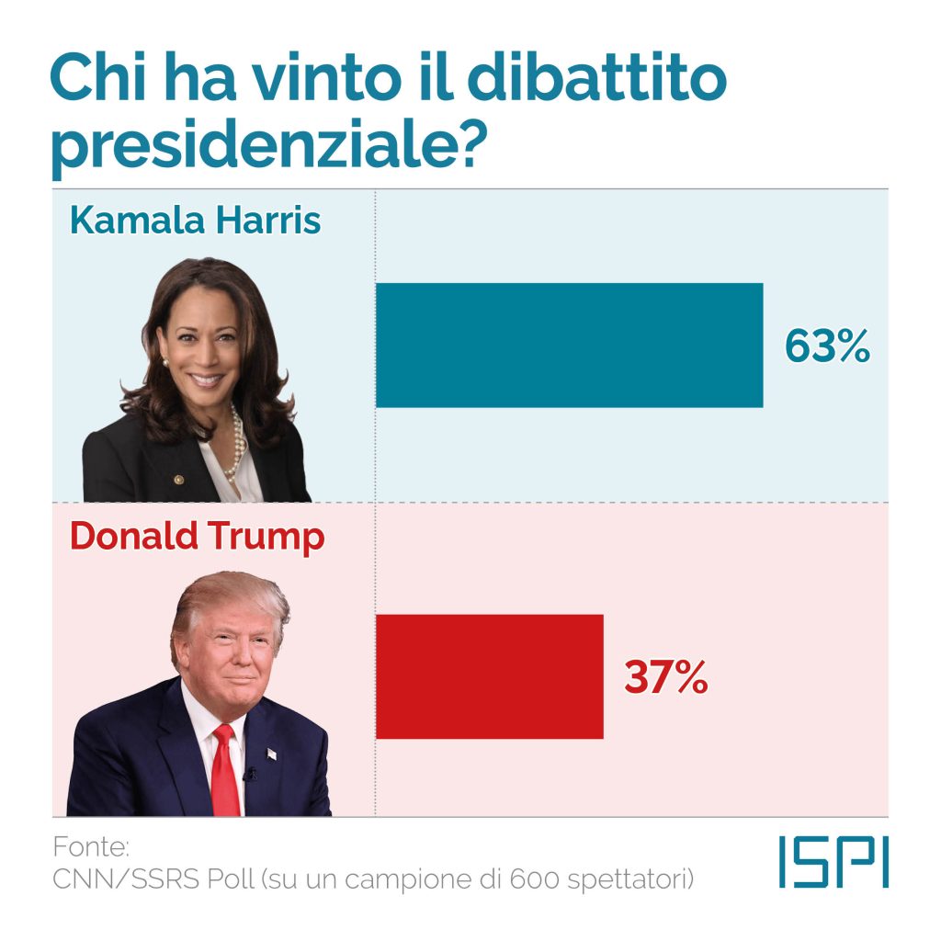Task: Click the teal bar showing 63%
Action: tap(569, 345)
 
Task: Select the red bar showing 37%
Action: tap(489, 676)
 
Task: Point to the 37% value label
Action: tap(666, 677)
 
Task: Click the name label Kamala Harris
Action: tap(195, 221)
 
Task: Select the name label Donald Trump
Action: tap(197, 537)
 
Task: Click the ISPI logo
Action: tap(833, 862)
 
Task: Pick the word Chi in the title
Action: tap(97, 81)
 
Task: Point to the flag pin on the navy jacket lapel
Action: tap(271, 754)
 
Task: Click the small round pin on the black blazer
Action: tap(178, 480)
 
